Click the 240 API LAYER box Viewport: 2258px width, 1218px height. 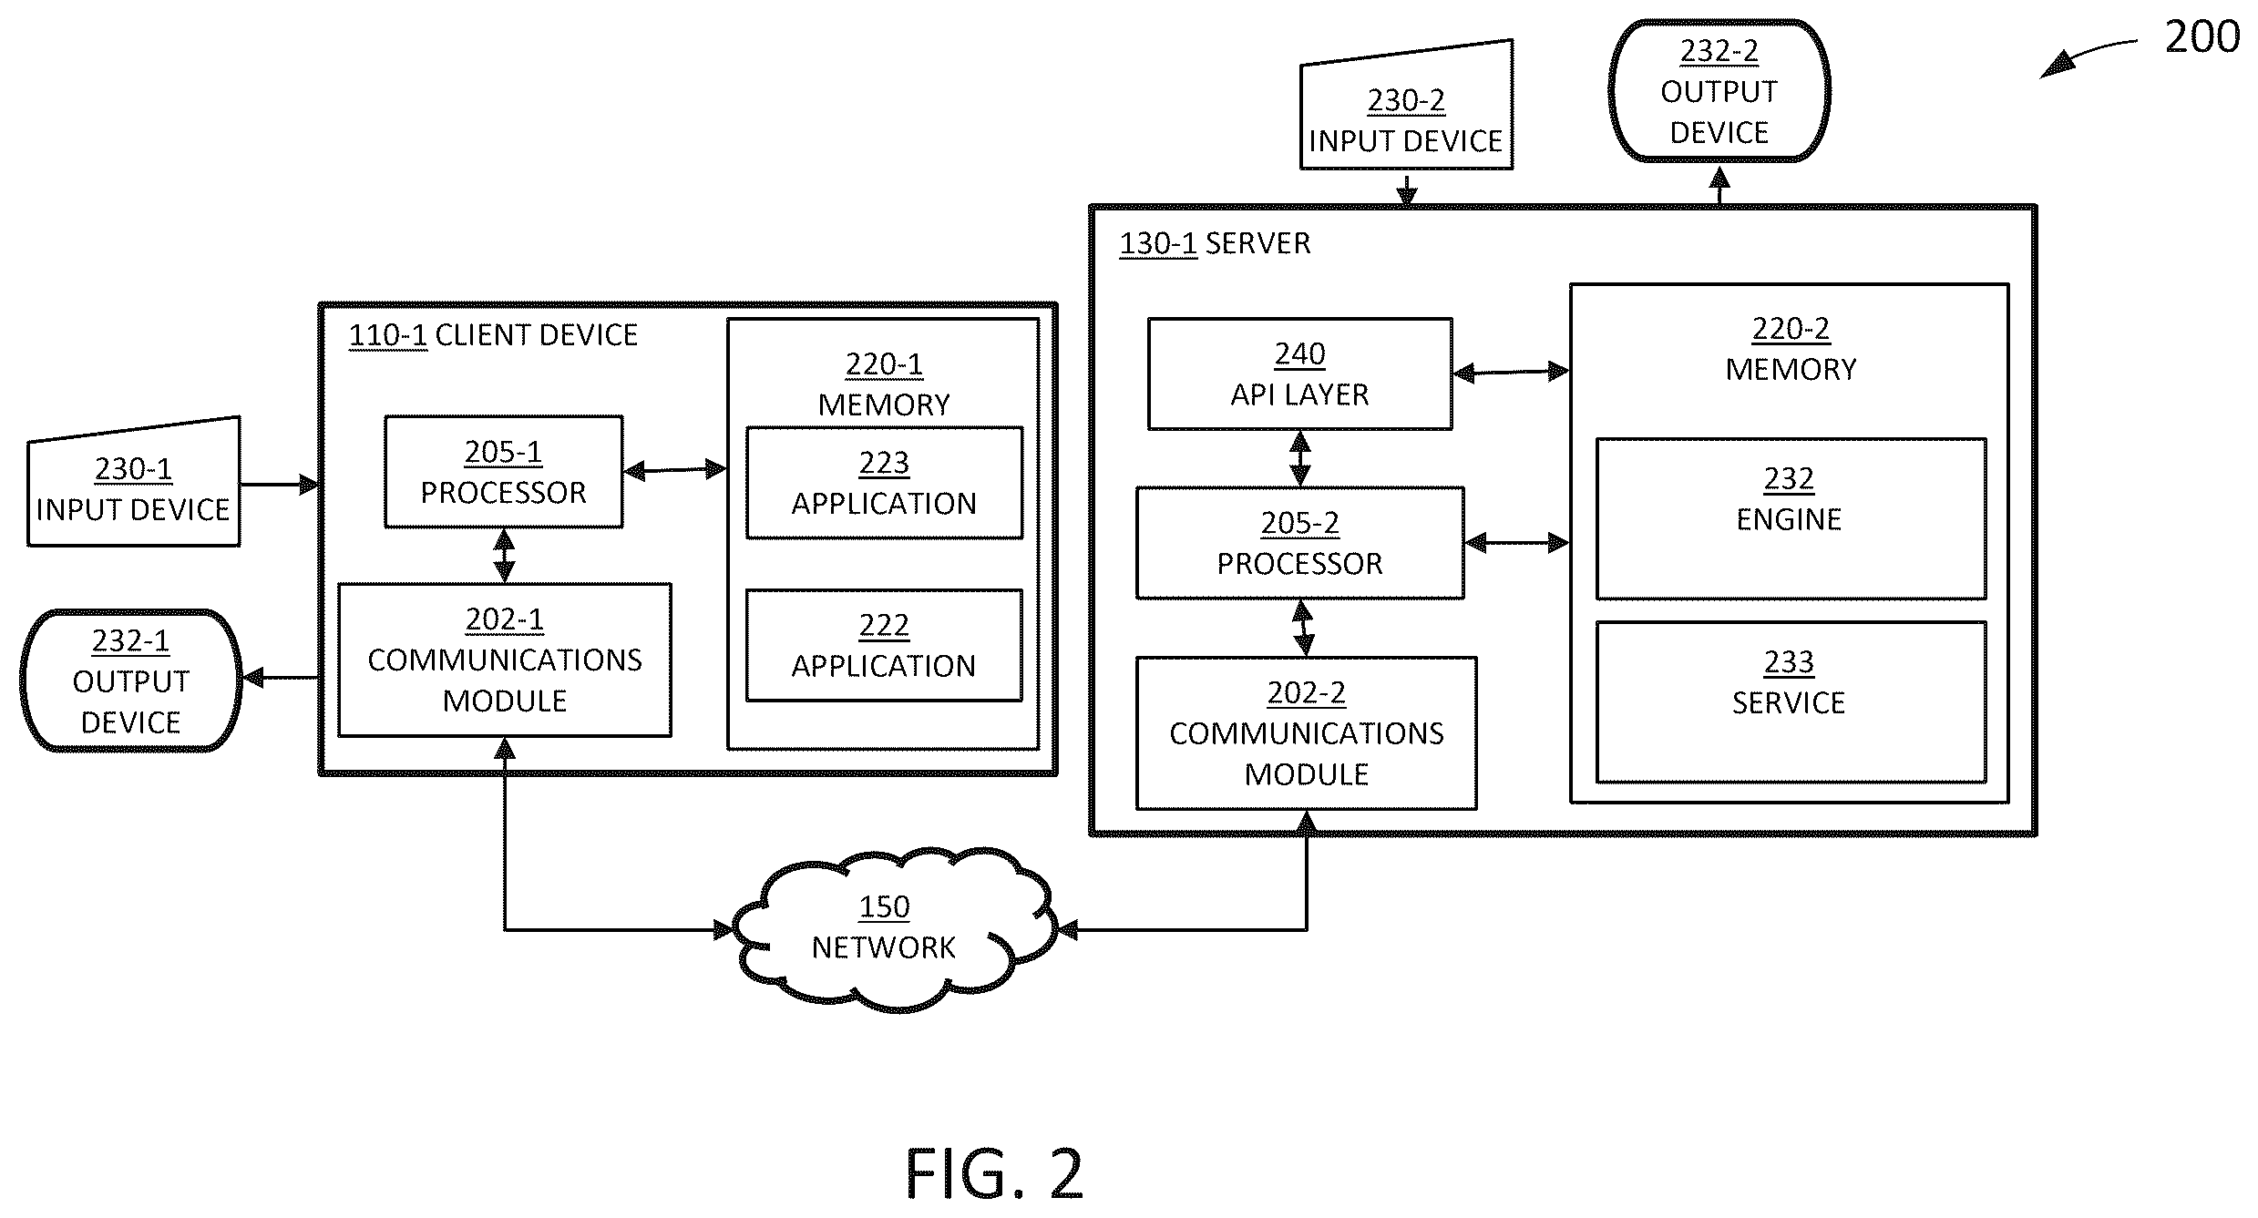(1299, 374)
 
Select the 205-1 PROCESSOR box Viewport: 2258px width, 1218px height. (504, 472)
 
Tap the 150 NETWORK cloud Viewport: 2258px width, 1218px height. (894, 929)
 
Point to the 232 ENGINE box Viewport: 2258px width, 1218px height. (1791, 518)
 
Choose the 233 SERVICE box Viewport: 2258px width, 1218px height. (1791, 701)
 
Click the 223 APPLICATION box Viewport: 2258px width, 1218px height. (884, 483)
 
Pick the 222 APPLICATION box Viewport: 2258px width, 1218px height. (884, 645)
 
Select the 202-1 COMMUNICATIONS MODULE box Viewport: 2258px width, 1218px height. (505, 660)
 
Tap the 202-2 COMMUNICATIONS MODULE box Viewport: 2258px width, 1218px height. (1306, 733)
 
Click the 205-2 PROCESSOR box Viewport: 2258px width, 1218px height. (1299, 543)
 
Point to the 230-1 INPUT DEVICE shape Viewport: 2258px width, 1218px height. (134, 483)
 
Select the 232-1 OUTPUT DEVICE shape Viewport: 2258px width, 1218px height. (131, 681)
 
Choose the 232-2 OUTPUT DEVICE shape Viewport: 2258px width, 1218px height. (1719, 91)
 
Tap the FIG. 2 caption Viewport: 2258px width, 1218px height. (994, 1173)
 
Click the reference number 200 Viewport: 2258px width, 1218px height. (2202, 37)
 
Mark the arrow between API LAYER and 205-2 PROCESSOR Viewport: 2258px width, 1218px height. (1300, 458)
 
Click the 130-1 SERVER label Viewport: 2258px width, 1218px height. (1215, 243)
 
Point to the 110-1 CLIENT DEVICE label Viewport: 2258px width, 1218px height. (493, 335)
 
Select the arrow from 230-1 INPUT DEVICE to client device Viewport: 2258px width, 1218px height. (280, 484)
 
